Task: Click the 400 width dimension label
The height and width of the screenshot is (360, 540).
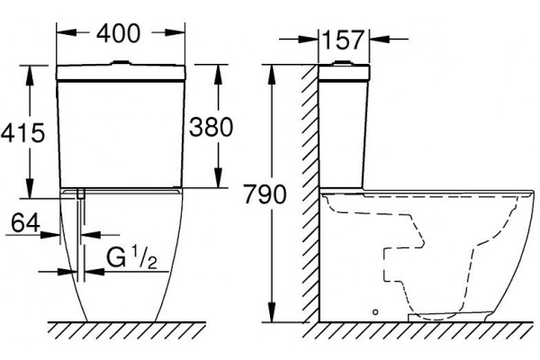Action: click(x=119, y=33)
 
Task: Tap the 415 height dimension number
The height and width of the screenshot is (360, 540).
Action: click(x=22, y=132)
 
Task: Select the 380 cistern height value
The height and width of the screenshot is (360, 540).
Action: click(x=211, y=127)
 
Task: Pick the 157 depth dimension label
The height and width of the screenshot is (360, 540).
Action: click(x=342, y=40)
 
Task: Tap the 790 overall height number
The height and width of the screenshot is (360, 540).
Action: click(x=265, y=194)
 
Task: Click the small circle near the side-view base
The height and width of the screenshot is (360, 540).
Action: click(x=375, y=312)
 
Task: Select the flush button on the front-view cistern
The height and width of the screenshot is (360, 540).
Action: click(x=121, y=63)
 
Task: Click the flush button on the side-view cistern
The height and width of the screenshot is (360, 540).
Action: click(x=342, y=63)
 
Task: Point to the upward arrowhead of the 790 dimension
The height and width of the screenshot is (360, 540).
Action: click(x=272, y=74)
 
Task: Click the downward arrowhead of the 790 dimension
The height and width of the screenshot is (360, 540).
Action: click(x=272, y=312)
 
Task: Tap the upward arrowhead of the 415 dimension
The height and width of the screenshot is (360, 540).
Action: click(x=30, y=75)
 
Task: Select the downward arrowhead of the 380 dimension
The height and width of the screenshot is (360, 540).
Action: click(x=218, y=178)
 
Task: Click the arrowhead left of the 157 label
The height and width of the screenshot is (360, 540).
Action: click(x=308, y=40)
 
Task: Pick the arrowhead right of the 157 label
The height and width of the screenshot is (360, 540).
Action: click(x=380, y=40)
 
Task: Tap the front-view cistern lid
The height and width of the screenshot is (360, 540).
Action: click(x=121, y=72)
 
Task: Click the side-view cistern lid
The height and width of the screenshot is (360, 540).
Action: click(x=344, y=72)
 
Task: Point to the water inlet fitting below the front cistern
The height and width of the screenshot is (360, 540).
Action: click(x=81, y=194)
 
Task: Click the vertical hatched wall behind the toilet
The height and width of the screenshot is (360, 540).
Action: click(x=310, y=193)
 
